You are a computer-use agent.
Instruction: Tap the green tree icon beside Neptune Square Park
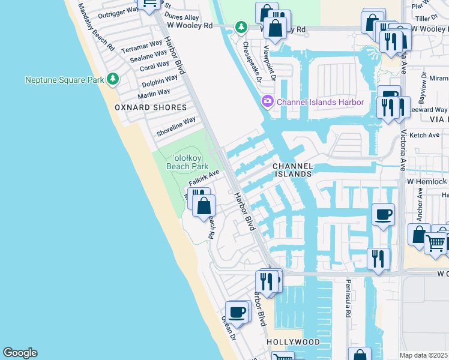click(112, 79)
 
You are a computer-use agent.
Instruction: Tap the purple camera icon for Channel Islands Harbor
click(267, 102)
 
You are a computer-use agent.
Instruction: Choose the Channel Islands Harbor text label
click(320, 102)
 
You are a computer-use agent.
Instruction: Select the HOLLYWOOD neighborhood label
click(293, 341)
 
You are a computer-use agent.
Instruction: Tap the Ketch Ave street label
click(424, 135)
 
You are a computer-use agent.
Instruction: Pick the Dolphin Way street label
click(160, 80)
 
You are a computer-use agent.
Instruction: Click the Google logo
click(20, 353)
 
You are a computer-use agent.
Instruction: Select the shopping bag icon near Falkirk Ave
click(204, 206)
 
